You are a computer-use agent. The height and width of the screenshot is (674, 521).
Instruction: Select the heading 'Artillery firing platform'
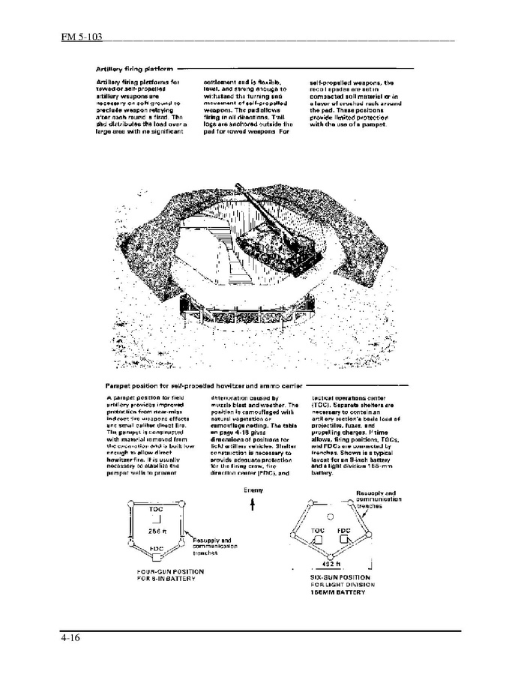point(130,67)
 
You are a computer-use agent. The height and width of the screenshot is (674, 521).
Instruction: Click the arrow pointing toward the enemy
point(253,506)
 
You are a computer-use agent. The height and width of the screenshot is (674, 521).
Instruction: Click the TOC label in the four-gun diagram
point(156,509)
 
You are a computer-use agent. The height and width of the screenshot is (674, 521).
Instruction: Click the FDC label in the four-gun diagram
point(156,549)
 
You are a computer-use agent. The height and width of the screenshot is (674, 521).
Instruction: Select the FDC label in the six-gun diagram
point(344,529)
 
